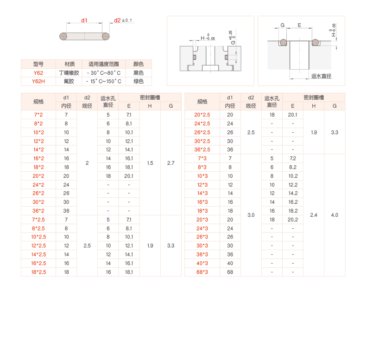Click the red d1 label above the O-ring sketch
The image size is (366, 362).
pyautogui.click(x=84, y=20)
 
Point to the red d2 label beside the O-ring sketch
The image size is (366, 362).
pyautogui.click(x=117, y=20)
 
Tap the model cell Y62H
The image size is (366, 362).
pyautogui.click(x=38, y=81)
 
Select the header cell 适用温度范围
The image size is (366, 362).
pyautogui.click(x=103, y=64)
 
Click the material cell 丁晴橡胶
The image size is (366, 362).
pyautogui.click(x=69, y=73)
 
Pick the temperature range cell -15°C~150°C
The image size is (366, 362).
pyautogui.click(x=103, y=81)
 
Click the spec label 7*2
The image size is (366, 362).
pyautogui.click(x=38, y=115)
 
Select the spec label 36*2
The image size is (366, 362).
pyautogui.click(x=38, y=211)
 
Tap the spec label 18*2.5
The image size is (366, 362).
pyautogui.click(x=38, y=272)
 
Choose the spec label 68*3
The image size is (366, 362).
pyautogui.click(x=202, y=272)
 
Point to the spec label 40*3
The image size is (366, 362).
pyautogui.click(x=202, y=263)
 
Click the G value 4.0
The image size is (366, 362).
pyautogui.click(x=334, y=215)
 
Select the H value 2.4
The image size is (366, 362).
pyautogui.click(x=314, y=215)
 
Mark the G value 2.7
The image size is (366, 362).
pyautogui.click(x=170, y=163)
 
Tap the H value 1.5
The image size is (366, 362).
pyautogui.click(x=150, y=163)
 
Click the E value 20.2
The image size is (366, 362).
pyautogui.click(x=293, y=220)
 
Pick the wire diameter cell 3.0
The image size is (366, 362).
pyautogui.click(x=251, y=215)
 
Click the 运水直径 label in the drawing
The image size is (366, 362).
pyautogui.click(x=322, y=76)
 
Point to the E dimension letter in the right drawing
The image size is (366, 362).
pyautogui.click(x=299, y=25)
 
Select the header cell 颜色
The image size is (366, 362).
pyautogui.click(x=138, y=64)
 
